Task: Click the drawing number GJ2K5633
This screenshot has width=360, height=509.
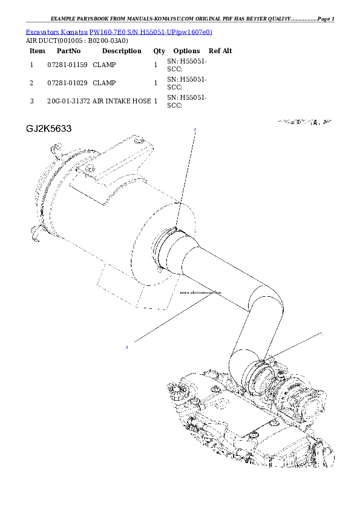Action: point(49,129)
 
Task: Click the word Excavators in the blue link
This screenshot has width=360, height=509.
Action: point(41,31)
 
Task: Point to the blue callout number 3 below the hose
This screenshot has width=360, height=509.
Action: point(126,347)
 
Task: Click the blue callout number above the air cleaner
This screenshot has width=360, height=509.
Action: point(195,130)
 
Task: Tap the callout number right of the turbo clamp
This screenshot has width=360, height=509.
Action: point(321,333)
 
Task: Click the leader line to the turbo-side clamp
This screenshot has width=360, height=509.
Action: point(296,345)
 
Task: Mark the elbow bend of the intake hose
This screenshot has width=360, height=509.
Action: point(266,302)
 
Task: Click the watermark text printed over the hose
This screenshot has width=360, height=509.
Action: point(201,293)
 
